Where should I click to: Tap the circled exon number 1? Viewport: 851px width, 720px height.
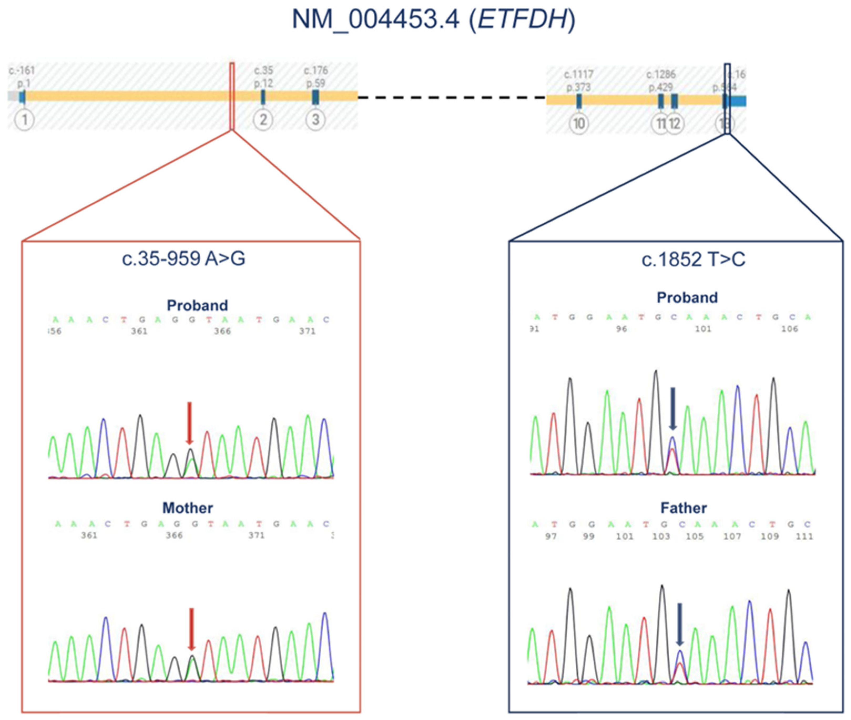click(24, 120)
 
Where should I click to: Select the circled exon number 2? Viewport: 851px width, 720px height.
click(263, 120)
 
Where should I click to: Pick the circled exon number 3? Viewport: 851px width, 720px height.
click(315, 120)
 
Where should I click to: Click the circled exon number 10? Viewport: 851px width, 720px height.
click(579, 124)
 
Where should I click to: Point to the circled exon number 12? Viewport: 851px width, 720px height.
click(675, 124)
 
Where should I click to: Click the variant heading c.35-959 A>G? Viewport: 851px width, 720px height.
click(184, 259)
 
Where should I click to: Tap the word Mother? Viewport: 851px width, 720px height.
click(188, 508)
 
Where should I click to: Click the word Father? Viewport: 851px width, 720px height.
click(684, 508)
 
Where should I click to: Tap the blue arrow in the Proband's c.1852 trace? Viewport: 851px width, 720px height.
click(673, 408)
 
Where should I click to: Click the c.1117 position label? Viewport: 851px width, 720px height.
click(579, 75)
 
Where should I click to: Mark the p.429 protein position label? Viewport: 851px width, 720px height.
click(660, 87)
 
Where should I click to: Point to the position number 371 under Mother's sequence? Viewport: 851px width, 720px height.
click(257, 535)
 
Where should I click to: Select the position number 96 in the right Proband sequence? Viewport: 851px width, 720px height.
click(621, 329)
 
